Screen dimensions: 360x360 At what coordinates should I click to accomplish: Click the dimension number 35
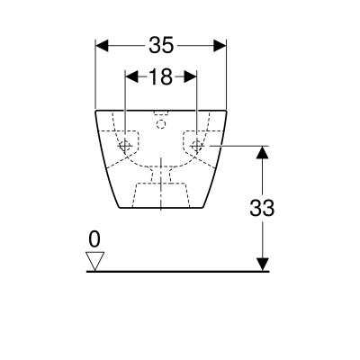pyautogui.click(x=161, y=45)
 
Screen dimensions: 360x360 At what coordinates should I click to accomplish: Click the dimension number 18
pyautogui.click(x=161, y=76)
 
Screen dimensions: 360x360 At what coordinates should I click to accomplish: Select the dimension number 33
pyautogui.click(x=262, y=208)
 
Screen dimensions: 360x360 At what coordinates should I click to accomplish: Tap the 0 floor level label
pyautogui.click(x=94, y=239)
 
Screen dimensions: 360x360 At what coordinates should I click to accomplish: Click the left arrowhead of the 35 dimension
pyautogui.click(x=102, y=46)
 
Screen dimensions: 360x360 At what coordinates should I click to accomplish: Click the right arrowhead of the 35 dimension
pyautogui.click(x=220, y=46)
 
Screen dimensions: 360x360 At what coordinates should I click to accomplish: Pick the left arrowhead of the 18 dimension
pyautogui.click(x=131, y=76)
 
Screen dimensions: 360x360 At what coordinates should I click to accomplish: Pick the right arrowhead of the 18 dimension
pyautogui.click(x=190, y=76)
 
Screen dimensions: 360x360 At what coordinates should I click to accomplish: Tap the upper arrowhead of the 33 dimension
pyautogui.click(x=263, y=152)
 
